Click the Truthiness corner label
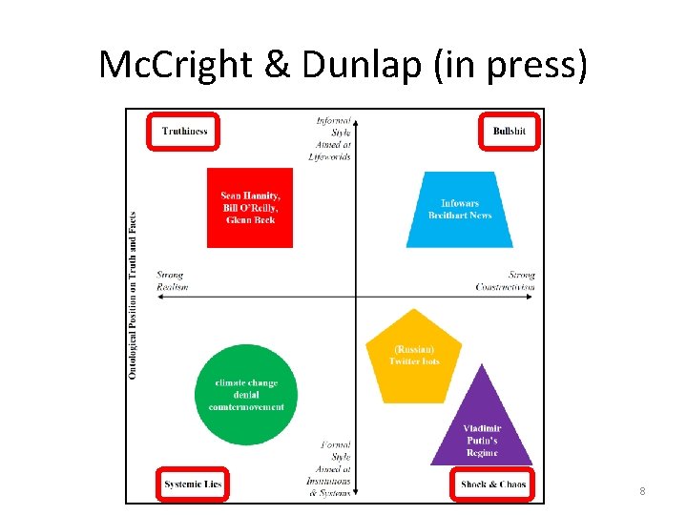click(184, 132)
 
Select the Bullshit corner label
click(509, 131)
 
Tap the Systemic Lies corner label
click(191, 484)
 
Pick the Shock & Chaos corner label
click(492, 484)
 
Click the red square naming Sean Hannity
click(250, 208)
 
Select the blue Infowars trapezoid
click(460, 210)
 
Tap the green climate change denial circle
click(246, 395)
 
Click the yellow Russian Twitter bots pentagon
click(413, 356)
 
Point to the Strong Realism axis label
click(173, 281)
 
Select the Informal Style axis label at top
click(333, 138)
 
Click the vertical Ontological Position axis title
click(134, 296)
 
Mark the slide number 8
click(642, 491)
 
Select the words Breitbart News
click(460, 216)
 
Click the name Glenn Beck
click(250, 220)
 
